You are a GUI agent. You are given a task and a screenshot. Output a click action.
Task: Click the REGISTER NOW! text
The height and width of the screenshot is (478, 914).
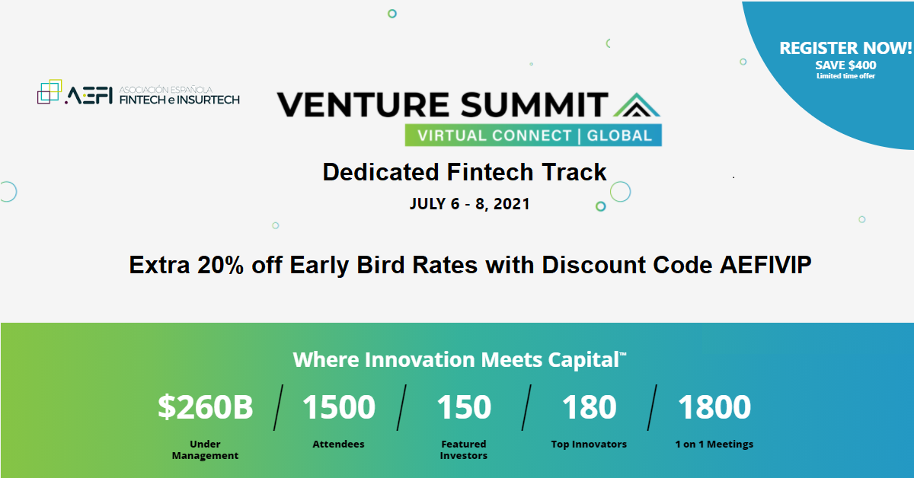tap(845, 48)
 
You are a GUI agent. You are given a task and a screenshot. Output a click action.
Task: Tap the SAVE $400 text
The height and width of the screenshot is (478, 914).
tap(846, 65)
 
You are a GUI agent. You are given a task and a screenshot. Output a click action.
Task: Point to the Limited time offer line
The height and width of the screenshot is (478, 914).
tap(846, 76)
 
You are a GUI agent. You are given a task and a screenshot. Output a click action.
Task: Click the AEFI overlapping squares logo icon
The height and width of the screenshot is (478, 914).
tap(50, 91)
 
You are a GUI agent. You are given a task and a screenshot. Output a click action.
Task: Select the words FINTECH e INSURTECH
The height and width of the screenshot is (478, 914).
tap(180, 100)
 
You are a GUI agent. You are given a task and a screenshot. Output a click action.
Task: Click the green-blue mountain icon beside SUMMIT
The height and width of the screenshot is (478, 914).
tap(637, 105)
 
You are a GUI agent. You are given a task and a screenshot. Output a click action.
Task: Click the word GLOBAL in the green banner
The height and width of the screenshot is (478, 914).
tap(619, 135)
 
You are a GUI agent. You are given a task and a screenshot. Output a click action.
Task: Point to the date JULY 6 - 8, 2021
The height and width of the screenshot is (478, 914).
tap(470, 204)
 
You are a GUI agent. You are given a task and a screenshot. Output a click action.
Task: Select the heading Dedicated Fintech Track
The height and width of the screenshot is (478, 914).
tap(465, 172)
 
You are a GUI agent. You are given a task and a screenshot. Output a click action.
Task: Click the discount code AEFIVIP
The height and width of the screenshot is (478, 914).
tap(765, 265)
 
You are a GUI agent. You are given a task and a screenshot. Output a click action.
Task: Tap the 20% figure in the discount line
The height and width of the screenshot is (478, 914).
tap(220, 265)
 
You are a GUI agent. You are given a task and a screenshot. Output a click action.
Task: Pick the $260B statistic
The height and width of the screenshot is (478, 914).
tap(205, 407)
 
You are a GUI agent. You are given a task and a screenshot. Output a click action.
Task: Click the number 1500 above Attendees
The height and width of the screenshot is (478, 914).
tap(339, 407)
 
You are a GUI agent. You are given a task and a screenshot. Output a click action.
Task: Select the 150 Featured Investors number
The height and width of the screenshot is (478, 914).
tap(464, 407)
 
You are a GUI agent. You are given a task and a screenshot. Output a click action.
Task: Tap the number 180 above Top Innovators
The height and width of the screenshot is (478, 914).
tap(590, 407)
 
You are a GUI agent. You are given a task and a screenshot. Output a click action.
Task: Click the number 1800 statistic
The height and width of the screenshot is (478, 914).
tap(714, 407)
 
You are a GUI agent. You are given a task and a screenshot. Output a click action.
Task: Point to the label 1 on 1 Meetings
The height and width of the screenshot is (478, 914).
tap(714, 445)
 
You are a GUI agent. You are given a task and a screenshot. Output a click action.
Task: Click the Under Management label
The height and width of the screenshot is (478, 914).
tap(205, 450)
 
